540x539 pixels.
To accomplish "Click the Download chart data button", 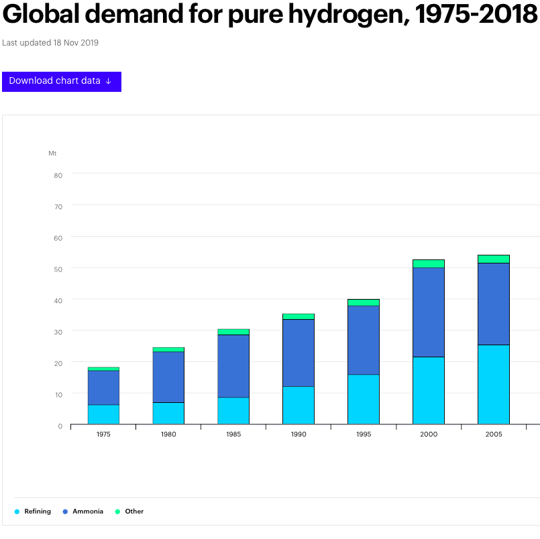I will [61, 81].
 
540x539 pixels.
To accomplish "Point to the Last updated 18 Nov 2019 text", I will [50, 43].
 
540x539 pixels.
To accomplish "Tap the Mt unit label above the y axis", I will [52, 154].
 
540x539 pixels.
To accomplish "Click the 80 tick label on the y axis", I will [58, 176].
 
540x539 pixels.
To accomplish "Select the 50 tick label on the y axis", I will [58, 269].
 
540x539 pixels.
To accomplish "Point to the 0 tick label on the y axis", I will [60, 426].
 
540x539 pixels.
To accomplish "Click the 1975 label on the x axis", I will [103, 434].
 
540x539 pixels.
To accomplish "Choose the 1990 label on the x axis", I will [299, 434].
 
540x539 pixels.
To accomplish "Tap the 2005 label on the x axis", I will [494, 434].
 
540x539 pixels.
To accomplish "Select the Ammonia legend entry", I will [87, 512].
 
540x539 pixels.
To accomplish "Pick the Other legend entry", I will [133, 512].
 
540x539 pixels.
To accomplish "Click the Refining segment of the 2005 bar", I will [494, 384].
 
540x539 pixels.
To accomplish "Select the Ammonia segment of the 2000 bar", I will [429, 312].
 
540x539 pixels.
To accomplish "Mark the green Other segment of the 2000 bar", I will [429, 263].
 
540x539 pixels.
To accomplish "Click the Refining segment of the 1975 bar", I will [103, 414].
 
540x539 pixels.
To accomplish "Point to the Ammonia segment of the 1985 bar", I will [233, 366].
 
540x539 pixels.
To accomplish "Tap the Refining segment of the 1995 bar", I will [364, 399].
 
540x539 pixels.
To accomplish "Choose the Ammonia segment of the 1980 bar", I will [168, 377].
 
